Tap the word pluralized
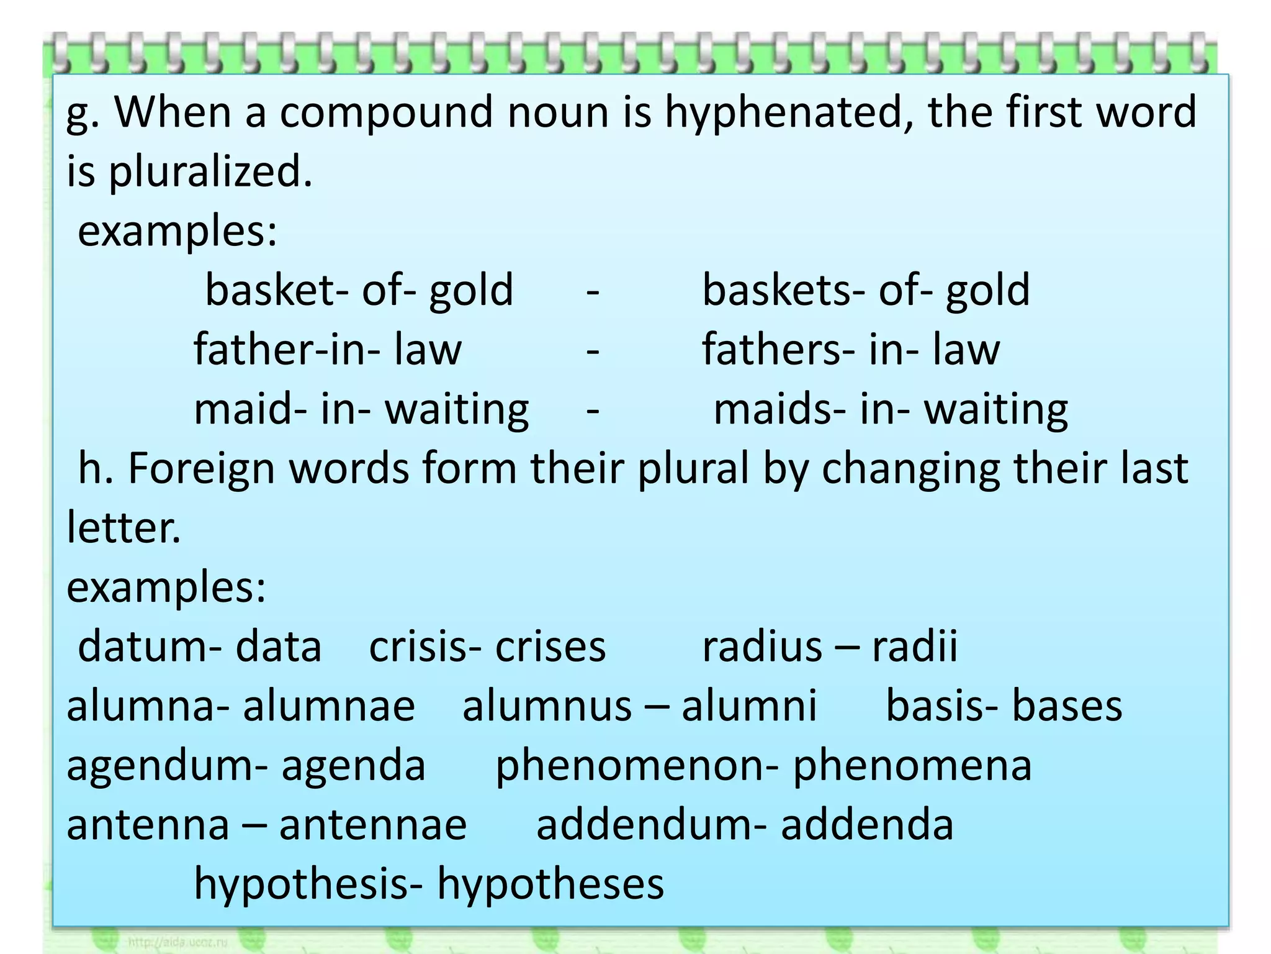210,172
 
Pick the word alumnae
328,707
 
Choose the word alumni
749,707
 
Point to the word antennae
373,825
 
